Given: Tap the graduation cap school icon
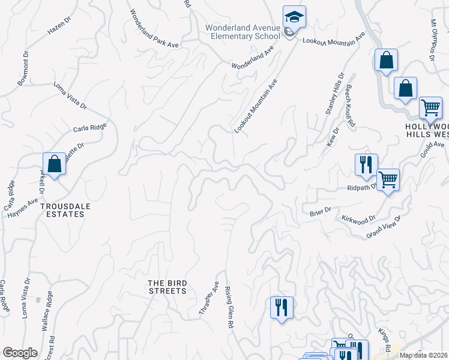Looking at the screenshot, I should click(294, 17).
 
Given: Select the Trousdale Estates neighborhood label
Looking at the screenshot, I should click(62, 209).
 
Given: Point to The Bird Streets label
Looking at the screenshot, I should click(168, 287).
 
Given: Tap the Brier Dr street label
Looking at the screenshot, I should click(320, 211).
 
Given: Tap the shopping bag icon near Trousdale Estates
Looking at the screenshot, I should click(54, 164).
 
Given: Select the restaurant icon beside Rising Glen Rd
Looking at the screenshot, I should click(281, 308).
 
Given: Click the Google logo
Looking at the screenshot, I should click(20, 353).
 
